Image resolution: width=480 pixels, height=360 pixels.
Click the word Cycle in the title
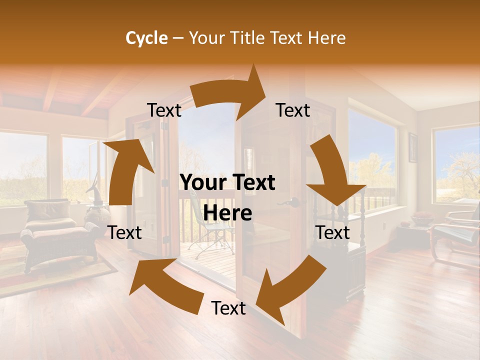click(146, 38)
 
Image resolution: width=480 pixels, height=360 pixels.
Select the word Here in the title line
click(326, 38)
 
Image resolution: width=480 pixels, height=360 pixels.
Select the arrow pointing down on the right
click(332, 172)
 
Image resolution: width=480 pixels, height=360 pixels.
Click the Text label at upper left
click(164, 110)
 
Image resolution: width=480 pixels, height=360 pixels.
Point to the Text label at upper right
click(293, 110)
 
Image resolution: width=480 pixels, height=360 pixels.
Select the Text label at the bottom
click(228, 308)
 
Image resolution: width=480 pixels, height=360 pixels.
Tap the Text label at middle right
click(332, 232)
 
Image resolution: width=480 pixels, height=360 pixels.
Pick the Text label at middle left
click(124, 232)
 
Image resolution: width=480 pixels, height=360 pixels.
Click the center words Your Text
click(227, 183)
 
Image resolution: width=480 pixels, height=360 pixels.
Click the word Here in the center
click(227, 213)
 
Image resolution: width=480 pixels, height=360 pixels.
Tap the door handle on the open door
click(295, 202)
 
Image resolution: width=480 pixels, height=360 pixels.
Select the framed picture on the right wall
click(413, 147)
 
